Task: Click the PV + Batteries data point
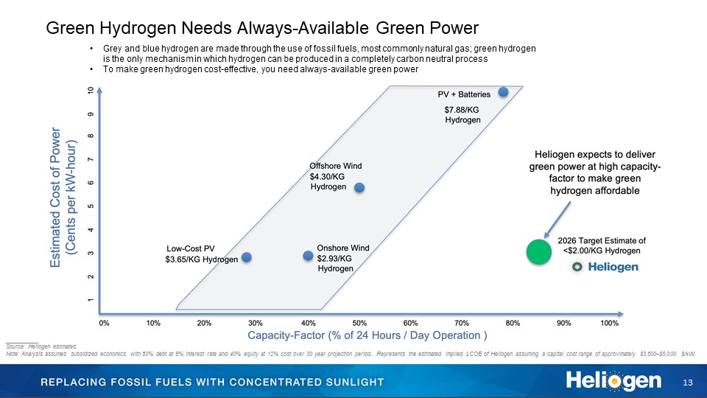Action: point(503,92)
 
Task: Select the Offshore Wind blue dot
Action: point(359,187)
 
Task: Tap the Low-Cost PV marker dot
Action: point(247,257)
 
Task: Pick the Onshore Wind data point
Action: point(308,256)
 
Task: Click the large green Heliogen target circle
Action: point(538,252)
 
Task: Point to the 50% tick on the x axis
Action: point(360,323)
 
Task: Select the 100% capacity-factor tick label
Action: point(609,323)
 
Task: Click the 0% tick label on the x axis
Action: point(104,323)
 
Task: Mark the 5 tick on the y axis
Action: point(91,206)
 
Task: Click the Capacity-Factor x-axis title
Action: point(367,336)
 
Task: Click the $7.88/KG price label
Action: point(462,109)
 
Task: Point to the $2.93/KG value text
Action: point(334,258)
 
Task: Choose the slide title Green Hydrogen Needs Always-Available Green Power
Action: point(262,28)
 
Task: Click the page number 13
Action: point(689,382)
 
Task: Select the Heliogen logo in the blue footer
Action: point(613,381)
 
